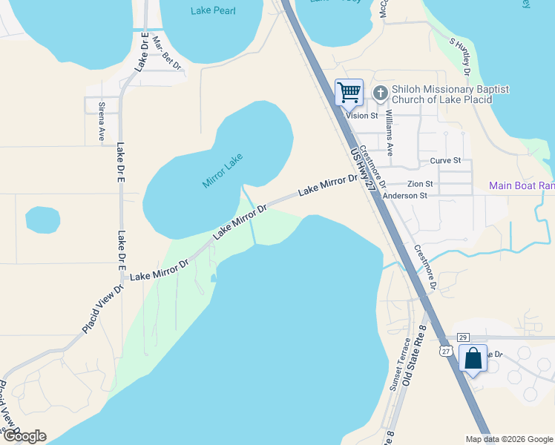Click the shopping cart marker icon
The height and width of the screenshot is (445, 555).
point(349,93)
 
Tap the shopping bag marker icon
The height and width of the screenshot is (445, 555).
point(473,359)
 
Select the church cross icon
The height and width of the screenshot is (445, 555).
point(381,93)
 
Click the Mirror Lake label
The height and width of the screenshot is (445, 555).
point(223,171)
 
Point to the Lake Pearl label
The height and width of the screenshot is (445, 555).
point(211,10)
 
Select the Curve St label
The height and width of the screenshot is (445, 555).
point(445,160)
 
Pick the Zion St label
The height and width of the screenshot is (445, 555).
point(420,183)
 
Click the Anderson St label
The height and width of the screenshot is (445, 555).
point(405,196)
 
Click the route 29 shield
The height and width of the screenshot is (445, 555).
point(462,337)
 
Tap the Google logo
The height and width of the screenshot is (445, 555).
point(24,436)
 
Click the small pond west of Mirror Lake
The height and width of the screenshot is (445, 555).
point(43,219)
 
